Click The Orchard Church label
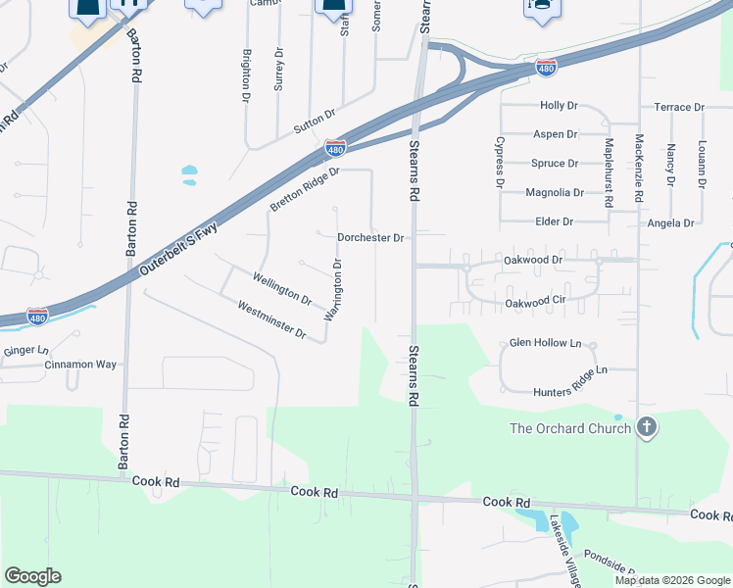coord(569,428)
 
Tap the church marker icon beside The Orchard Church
coord(645,427)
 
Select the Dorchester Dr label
coord(370,237)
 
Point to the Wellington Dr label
coord(282,289)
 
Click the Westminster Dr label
coord(272,320)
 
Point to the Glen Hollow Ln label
coord(545,344)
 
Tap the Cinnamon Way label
coord(80,365)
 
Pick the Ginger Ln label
coord(25,350)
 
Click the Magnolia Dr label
coord(555,193)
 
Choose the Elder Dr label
coord(555,222)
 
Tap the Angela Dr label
coord(670,223)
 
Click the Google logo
coord(32,576)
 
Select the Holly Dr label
coord(559,105)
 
